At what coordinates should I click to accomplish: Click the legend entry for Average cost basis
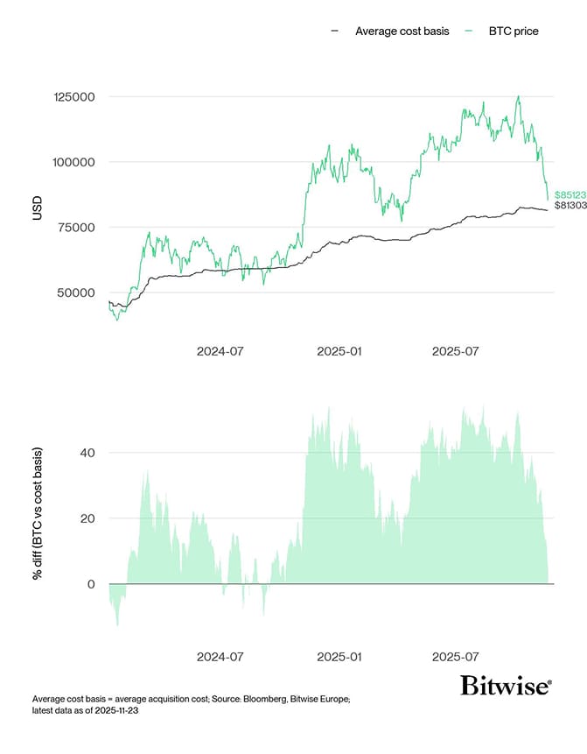[x=402, y=32]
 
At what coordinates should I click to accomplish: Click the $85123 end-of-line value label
[x=570, y=194]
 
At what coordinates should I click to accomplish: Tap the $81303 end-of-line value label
[x=570, y=206]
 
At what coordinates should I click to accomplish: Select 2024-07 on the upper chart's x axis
[x=220, y=350]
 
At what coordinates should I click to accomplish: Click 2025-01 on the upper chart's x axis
[x=339, y=350]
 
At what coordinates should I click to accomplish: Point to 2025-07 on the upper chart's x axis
[x=456, y=350]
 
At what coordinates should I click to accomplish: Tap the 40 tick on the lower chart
[x=88, y=453]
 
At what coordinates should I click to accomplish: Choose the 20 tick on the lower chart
[x=88, y=518]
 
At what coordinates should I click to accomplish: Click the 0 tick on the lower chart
[x=92, y=584]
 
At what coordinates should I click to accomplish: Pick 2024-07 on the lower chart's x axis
[x=220, y=656]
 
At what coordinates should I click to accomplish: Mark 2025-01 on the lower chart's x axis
[x=339, y=656]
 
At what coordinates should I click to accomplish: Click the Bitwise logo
[x=507, y=685]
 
